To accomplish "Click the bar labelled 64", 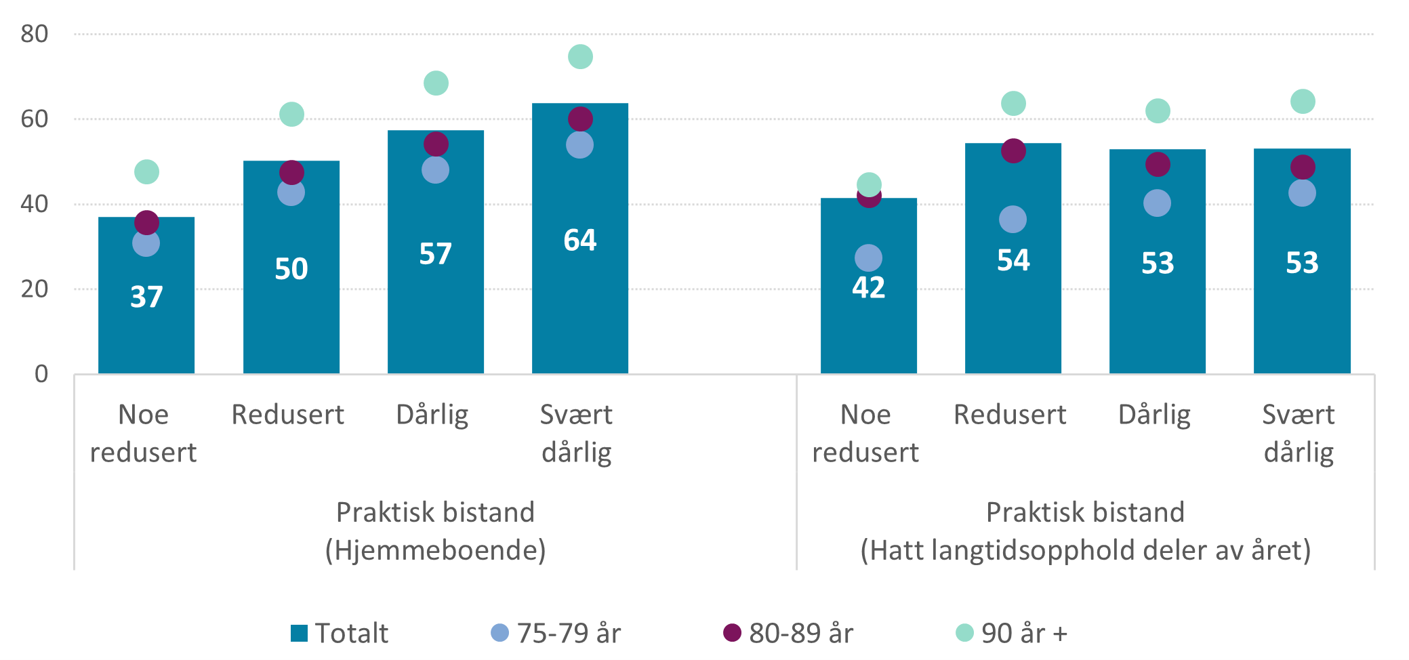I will click(x=579, y=305).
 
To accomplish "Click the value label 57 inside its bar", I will click(x=435, y=254).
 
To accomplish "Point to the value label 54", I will click(x=1013, y=260).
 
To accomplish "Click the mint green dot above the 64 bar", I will click(x=580, y=56).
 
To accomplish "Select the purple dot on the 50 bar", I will click(x=291, y=172).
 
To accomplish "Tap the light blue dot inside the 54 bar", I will click(x=1013, y=219).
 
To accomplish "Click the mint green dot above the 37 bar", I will click(x=146, y=171).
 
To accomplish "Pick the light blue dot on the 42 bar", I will click(x=868, y=257).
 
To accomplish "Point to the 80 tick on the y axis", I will click(x=35, y=34).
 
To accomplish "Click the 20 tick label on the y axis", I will click(x=35, y=289).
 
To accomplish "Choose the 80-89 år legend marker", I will click(x=732, y=632).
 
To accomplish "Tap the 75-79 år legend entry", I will click(x=556, y=633).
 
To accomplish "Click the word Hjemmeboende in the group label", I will click(x=436, y=550).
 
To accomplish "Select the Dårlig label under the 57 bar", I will click(x=432, y=415).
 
